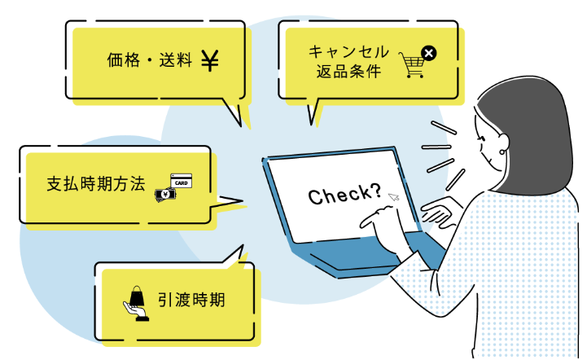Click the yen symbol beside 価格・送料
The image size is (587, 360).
pyautogui.click(x=210, y=61)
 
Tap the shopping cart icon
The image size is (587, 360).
pyautogui.click(x=412, y=65)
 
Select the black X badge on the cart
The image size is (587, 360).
pyautogui.click(x=428, y=53)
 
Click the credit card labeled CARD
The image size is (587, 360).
pyautogui.click(x=182, y=181)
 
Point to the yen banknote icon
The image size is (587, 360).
pyautogui.click(x=165, y=195)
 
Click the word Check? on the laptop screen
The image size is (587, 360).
pyautogui.click(x=344, y=194)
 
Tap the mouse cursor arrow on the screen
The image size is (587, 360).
pyautogui.click(x=393, y=196)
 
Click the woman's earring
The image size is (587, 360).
pyautogui.click(x=502, y=152)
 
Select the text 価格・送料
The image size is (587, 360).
pyautogui.click(x=149, y=60)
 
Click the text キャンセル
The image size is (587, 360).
pyautogui.click(x=348, y=51)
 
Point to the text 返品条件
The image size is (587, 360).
pyautogui.click(x=348, y=71)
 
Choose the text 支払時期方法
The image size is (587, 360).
pyautogui.click(x=96, y=184)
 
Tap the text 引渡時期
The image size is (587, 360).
pyautogui.click(x=191, y=300)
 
